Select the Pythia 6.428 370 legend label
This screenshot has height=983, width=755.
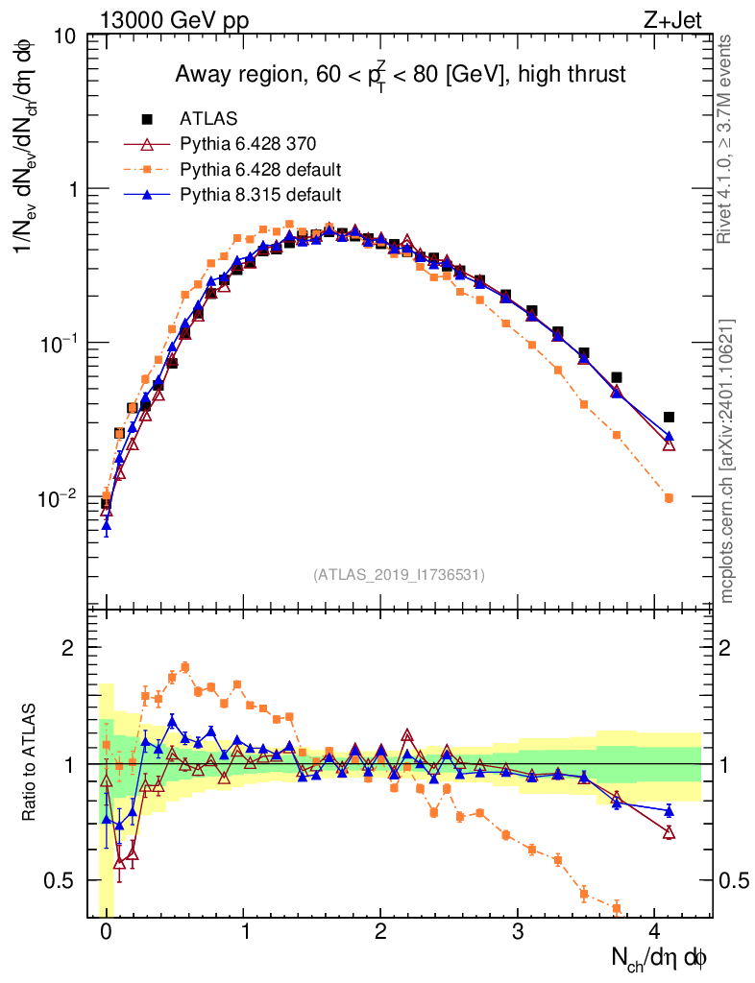[x=248, y=144]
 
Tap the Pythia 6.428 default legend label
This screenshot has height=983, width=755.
[x=261, y=170]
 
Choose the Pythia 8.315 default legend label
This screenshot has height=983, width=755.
[x=260, y=195]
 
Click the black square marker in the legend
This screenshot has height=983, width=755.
[x=147, y=119]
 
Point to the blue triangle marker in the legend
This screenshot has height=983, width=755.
[x=147, y=195]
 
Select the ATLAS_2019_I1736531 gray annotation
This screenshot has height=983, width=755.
[x=399, y=575]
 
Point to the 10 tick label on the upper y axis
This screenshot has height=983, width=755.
[x=65, y=36]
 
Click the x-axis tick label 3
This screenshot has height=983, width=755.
[x=517, y=931]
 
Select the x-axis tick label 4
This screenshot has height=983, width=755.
[x=654, y=931]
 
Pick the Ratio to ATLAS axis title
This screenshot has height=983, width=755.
[x=31, y=763]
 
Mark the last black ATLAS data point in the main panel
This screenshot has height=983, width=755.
[x=669, y=417]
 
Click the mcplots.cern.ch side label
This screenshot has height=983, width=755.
[x=727, y=461]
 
